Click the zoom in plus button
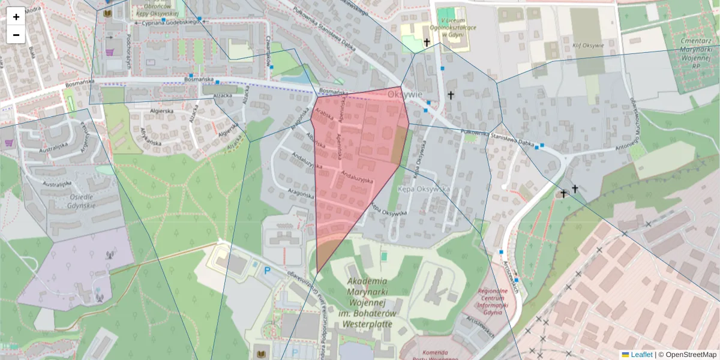(16, 17)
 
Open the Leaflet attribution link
(641, 355)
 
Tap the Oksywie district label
(405, 94)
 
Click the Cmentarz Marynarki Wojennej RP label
(695, 54)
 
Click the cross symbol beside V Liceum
(427, 42)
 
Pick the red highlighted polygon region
(354, 168)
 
